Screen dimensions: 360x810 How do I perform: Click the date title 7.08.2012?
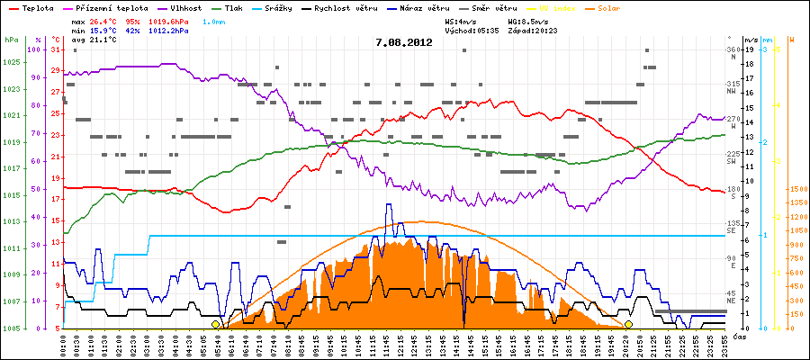point(404,42)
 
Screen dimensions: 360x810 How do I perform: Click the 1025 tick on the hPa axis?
point(11,62)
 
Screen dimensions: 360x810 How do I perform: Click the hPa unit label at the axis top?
point(10,40)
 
